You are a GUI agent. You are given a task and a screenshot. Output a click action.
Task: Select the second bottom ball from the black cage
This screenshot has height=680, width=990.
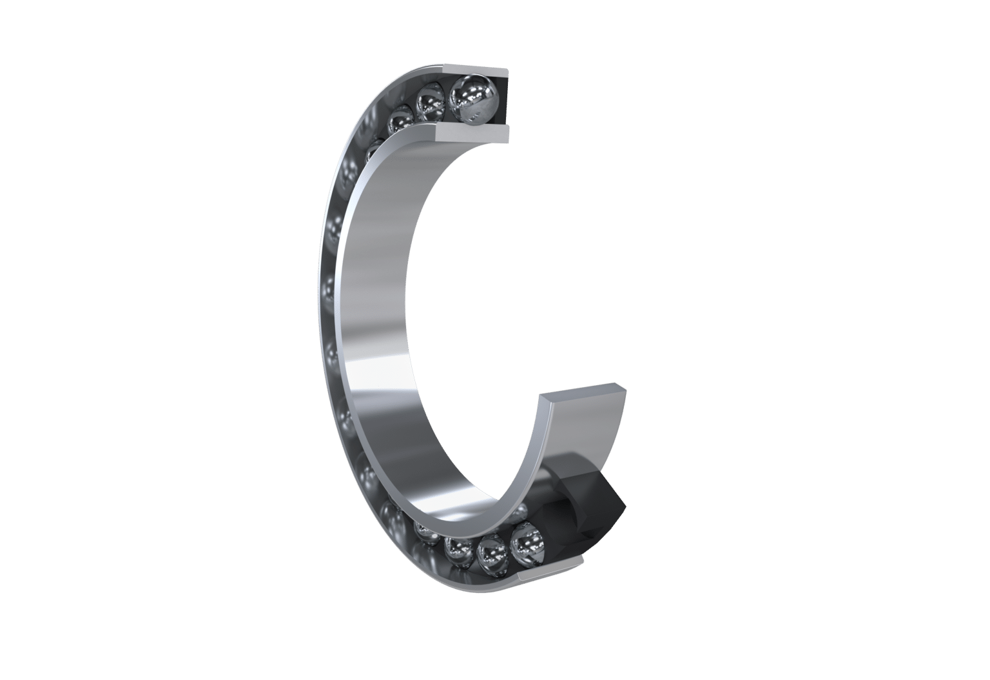pyautogui.click(x=492, y=554)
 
